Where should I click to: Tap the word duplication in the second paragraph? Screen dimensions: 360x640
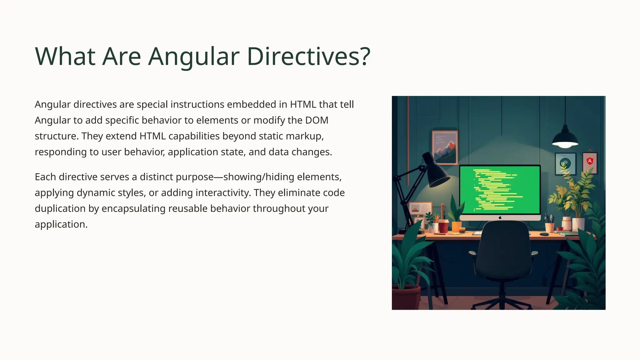click(60, 208)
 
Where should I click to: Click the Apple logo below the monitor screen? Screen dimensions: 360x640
click(500, 217)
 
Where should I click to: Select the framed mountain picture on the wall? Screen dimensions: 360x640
click(445, 147)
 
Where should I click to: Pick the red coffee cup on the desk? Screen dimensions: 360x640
click(443, 226)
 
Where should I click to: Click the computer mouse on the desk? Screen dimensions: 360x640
click(544, 234)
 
